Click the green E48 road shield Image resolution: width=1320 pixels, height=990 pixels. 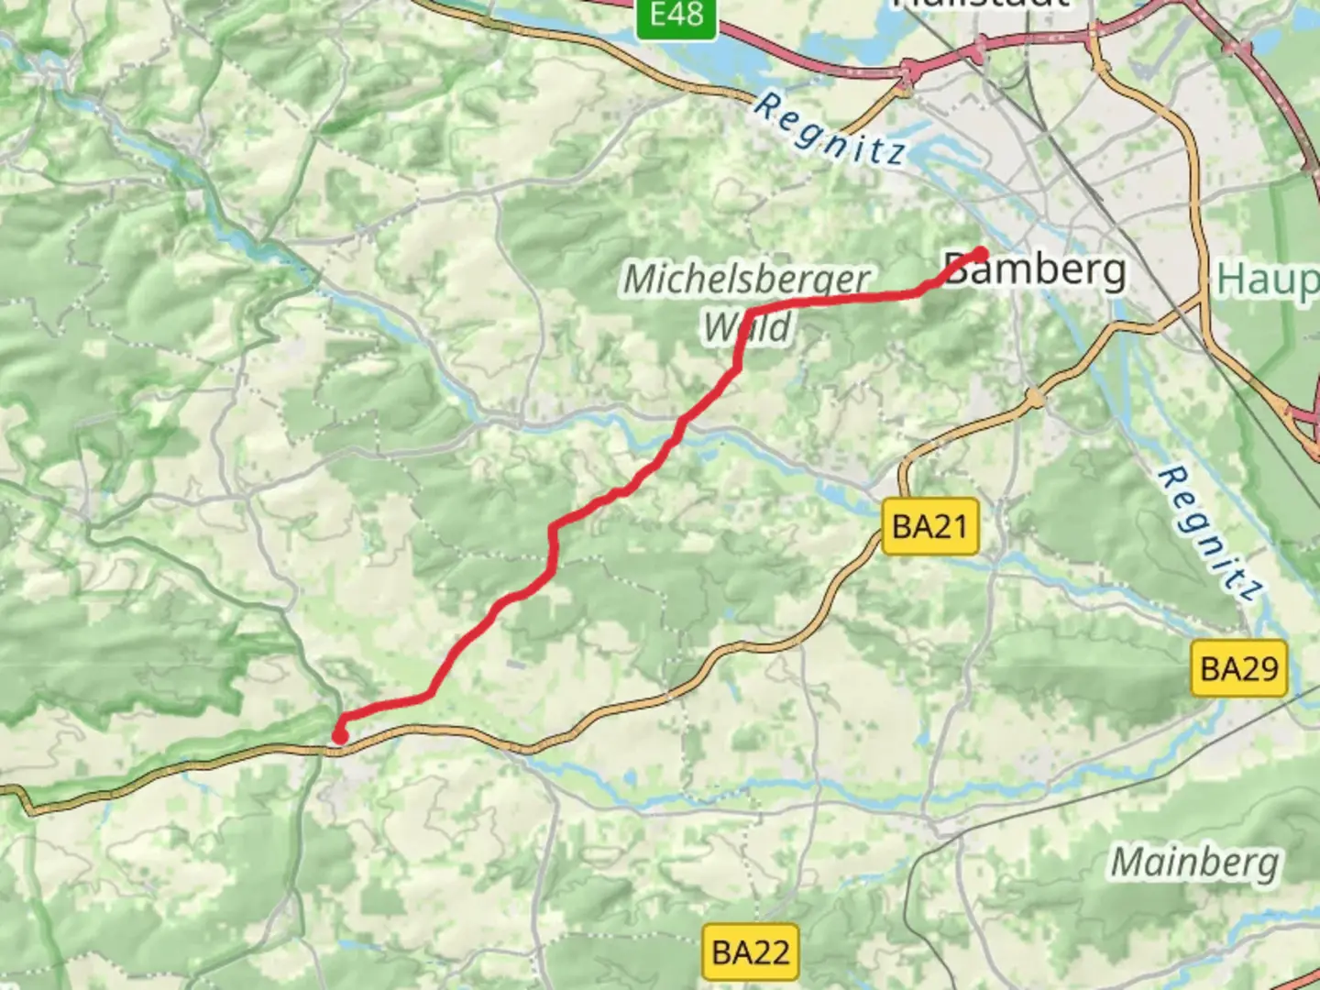tap(676, 16)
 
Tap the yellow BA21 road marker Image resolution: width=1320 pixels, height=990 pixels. tap(929, 526)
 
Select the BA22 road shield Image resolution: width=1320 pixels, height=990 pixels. tap(750, 952)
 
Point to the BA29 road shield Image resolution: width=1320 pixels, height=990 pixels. tap(1238, 668)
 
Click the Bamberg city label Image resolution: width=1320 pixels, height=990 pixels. tap(1035, 270)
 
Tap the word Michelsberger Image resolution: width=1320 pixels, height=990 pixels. tap(746, 279)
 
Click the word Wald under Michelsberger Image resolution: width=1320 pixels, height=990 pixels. tap(747, 327)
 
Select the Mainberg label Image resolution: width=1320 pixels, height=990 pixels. tap(1194, 863)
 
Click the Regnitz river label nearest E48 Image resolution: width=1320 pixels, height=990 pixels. tap(830, 131)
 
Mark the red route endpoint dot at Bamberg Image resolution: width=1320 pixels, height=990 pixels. tap(982, 253)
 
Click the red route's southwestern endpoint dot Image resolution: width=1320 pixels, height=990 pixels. tap(340, 736)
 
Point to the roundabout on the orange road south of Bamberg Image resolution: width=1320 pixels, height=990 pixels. tap(1035, 399)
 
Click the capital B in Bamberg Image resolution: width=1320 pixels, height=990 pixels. tap(958, 270)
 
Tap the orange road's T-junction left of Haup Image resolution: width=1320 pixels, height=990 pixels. tap(1202, 299)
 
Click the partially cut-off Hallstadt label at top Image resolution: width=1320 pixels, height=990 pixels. tap(980, 4)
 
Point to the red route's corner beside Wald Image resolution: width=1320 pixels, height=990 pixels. tap(750, 314)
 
